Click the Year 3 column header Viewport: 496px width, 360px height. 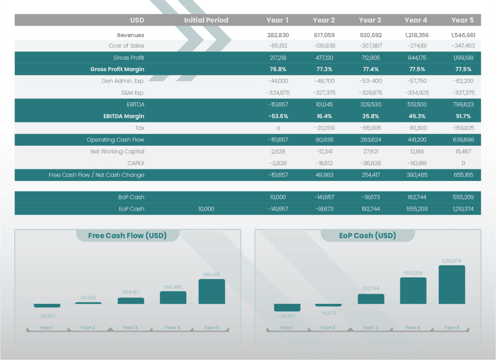[370, 20]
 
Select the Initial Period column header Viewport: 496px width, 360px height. [206, 20]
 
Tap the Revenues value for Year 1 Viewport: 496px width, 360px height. [278, 35]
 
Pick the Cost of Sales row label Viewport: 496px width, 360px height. [126, 46]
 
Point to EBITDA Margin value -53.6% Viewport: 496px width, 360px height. [278, 116]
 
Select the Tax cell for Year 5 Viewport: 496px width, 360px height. [462, 128]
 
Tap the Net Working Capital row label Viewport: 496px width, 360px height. [117, 152]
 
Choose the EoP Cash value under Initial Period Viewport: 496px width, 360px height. [206, 209]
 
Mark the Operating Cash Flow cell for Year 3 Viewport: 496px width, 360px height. [370, 140]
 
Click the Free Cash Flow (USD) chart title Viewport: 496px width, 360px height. [127, 236]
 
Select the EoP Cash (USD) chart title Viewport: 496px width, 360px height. [368, 236]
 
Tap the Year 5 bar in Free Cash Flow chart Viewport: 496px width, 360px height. [211, 291]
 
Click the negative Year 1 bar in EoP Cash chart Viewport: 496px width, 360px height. [287, 307]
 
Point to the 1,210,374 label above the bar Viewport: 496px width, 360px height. [452, 261]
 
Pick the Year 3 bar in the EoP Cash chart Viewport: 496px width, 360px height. [371, 299]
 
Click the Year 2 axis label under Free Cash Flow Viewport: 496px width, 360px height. [87, 328]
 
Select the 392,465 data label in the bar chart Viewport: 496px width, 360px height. [173, 287]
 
